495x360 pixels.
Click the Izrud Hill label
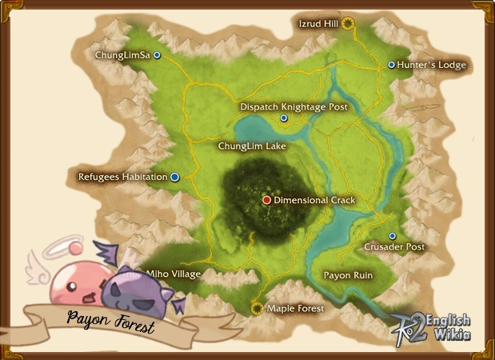click(x=318, y=24)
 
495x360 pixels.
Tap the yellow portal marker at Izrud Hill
click(x=348, y=24)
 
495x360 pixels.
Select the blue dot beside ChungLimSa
click(x=158, y=55)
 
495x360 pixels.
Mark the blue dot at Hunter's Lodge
click(x=391, y=65)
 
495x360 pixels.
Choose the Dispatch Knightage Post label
click(x=294, y=106)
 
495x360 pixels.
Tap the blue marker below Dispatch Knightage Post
click(x=284, y=118)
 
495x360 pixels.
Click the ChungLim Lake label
click(x=252, y=146)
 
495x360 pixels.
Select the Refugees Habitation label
click(x=122, y=177)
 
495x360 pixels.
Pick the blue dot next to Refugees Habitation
click(x=174, y=177)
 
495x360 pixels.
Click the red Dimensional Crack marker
click(x=267, y=200)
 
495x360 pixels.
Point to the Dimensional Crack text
click(x=314, y=200)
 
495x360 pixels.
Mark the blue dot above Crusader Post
click(x=392, y=236)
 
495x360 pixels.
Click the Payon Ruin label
click(x=348, y=274)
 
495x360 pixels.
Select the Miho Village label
click(x=174, y=274)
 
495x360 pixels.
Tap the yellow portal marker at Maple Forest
click(x=257, y=307)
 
